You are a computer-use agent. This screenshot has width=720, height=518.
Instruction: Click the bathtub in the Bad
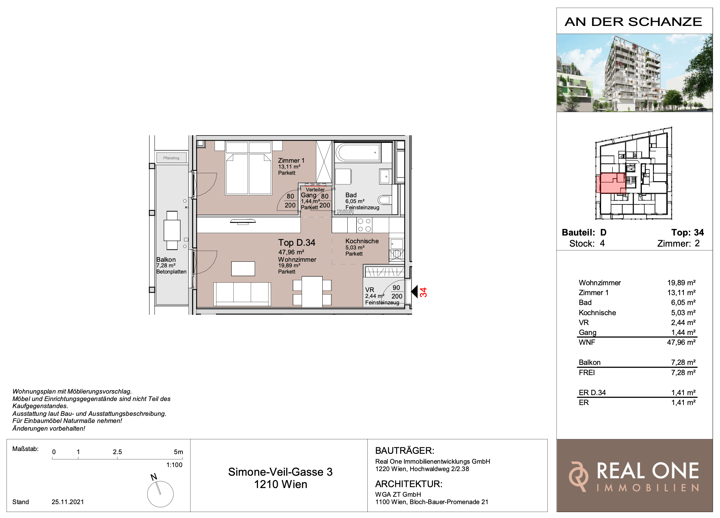(358, 152)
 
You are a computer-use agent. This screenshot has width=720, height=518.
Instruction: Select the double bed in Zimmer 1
(249, 168)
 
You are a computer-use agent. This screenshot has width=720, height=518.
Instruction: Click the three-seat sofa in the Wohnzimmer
(242, 294)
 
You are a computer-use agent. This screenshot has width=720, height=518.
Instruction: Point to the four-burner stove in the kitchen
(364, 225)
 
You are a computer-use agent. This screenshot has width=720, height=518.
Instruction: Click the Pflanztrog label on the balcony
(171, 158)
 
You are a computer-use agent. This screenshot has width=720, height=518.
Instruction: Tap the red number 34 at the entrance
(423, 292)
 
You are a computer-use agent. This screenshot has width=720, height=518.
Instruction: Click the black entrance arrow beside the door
(414, 292)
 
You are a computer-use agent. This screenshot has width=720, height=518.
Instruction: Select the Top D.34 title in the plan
(296, 243)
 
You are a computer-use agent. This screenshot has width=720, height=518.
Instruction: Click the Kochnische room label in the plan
(362, 241)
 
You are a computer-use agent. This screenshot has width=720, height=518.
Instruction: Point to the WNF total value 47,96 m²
(681, 342)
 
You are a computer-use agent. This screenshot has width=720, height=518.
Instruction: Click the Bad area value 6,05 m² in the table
(683, 303)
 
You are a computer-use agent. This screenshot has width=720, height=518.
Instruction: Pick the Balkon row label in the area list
(589, 362)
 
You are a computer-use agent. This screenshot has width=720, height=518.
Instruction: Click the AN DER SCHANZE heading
(633, 22)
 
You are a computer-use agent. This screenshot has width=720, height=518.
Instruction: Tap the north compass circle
(160, 494)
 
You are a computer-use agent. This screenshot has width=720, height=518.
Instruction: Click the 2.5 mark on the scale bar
(117, 452)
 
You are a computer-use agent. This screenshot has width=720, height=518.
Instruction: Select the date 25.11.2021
(68, 502)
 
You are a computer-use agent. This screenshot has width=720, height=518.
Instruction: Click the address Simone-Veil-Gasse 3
(280, 472)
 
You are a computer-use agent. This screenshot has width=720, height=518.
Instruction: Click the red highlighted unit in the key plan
(610, 183)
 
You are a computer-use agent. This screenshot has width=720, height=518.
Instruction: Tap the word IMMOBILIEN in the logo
(648, 488)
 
